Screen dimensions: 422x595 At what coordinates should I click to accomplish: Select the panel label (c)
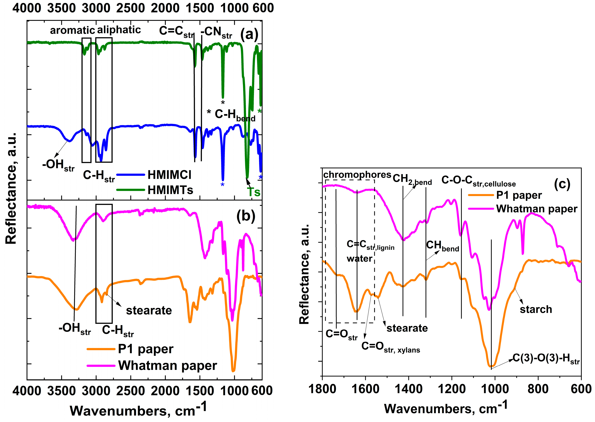click(x=562, y=184)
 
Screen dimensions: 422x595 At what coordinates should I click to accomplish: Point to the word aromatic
click(x=72, y=30)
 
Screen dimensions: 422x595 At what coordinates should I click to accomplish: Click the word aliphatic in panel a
click(x=119, y=30)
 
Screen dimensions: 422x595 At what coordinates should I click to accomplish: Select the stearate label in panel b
click(x=149, y=310)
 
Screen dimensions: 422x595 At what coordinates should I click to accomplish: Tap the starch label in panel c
click(x=536, y=309)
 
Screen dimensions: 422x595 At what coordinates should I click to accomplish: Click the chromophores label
click(x=357, y=175)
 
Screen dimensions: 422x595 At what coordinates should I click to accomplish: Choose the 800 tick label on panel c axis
click(x=538, y=389)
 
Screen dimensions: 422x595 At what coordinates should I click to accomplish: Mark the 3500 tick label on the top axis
click(x=62, y=8)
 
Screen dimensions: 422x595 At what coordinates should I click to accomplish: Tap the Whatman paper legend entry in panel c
click(x=537, y=209)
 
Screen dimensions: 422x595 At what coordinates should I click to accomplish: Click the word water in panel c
click(x=359, y=259)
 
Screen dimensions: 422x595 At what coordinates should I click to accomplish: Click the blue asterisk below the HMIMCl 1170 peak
click(x=222, y=185)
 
